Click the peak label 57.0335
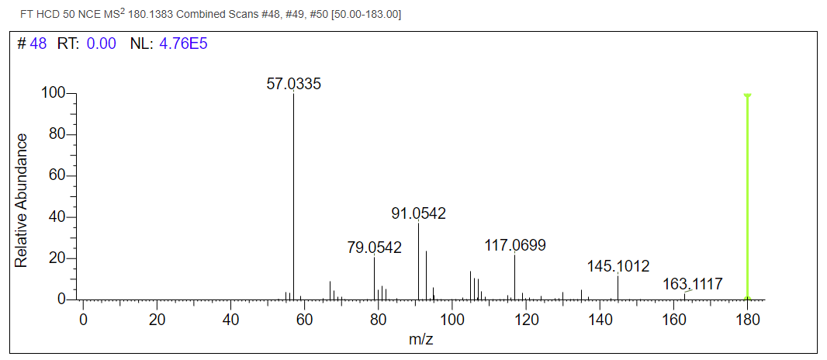tap(293, 84)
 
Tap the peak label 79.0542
tap(374, 247)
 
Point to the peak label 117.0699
tap(515, 246)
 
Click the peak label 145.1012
tap(618, 267)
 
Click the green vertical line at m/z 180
tap(747, 194)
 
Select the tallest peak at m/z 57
tap(293, 194)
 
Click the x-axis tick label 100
tap(452, 319)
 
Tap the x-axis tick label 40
tap(230, 319)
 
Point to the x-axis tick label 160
tap(673, 319)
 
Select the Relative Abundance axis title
tap(22, 200)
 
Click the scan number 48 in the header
tap(38, 43)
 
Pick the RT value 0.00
tap(101, 43)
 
